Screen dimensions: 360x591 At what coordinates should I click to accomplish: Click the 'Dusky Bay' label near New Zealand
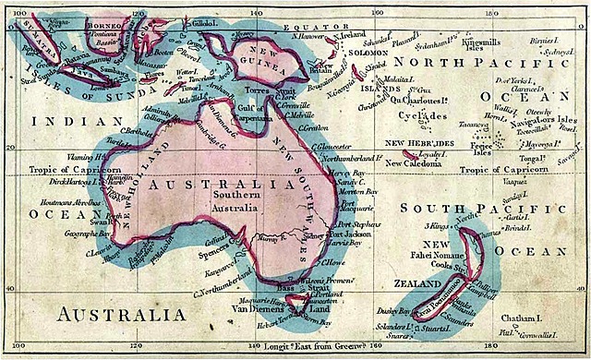point(393,313)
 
